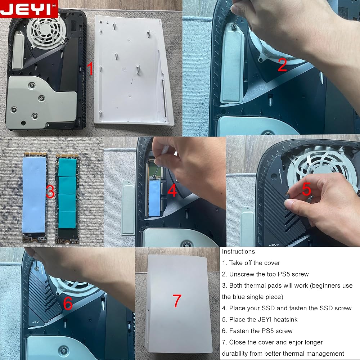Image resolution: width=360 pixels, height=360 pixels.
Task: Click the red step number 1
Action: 91,68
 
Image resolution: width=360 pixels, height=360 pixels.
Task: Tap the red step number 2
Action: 282,65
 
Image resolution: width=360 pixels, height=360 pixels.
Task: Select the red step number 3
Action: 50,192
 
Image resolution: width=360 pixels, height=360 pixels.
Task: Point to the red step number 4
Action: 172,190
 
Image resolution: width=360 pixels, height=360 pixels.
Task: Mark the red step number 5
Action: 306,189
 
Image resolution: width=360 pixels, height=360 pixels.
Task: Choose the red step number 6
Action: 68,303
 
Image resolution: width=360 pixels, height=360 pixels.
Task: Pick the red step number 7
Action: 177,301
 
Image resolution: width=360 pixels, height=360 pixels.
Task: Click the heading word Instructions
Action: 238,252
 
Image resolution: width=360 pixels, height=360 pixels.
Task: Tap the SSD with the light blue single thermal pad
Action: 35,197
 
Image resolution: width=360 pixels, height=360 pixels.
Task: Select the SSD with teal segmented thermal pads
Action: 67,199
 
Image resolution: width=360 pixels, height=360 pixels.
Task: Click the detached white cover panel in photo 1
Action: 134,71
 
